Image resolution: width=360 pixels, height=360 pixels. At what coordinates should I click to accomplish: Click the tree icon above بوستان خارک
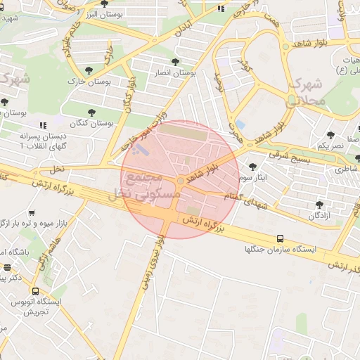[89, 70]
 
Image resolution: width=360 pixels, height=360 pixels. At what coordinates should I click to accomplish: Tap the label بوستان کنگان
[92, 123]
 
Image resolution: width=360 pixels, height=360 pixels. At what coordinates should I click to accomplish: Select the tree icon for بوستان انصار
[175, 62]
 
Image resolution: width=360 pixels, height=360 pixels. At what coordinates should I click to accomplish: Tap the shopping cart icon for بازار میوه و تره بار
[32, 213]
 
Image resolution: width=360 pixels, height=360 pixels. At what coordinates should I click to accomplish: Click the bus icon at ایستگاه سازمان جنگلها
[281, 238]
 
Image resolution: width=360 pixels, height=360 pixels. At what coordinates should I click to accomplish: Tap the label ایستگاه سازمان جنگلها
[281, 250]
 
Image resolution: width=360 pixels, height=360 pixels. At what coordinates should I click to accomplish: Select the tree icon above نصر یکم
[330, 134]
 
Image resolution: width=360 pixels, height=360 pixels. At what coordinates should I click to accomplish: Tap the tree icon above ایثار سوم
[253, 166]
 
